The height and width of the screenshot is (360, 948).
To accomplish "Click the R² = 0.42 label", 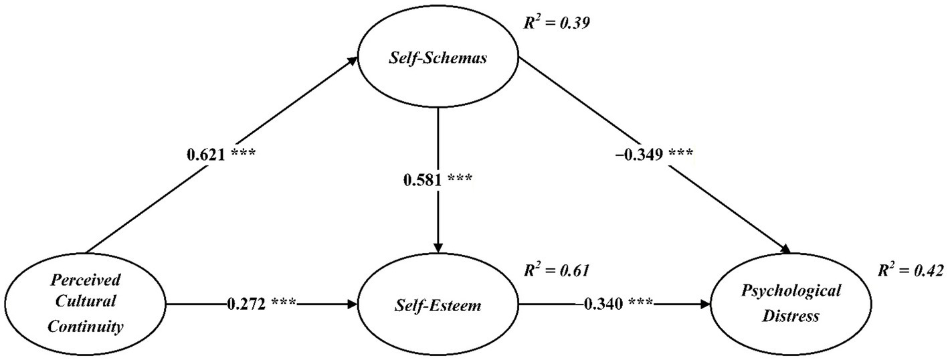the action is pos(911,270).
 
